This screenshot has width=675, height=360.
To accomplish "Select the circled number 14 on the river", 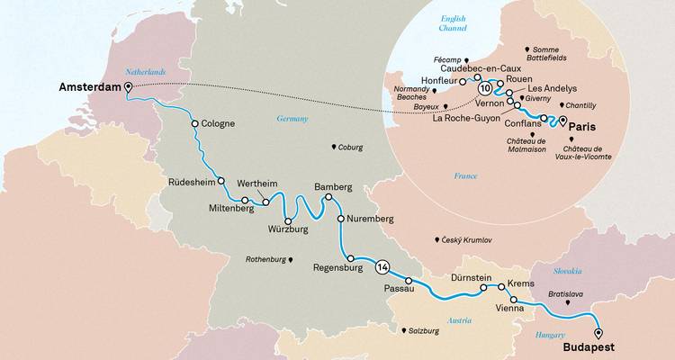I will point(382,266).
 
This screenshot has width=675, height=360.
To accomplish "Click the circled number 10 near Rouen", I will point(485,88).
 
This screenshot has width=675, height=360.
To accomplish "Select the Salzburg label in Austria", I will point(425,331).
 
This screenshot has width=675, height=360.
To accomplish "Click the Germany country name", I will point(292,118).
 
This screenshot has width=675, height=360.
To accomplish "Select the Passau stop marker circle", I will point(409,281).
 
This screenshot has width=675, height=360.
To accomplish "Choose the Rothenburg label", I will point(268,259).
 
